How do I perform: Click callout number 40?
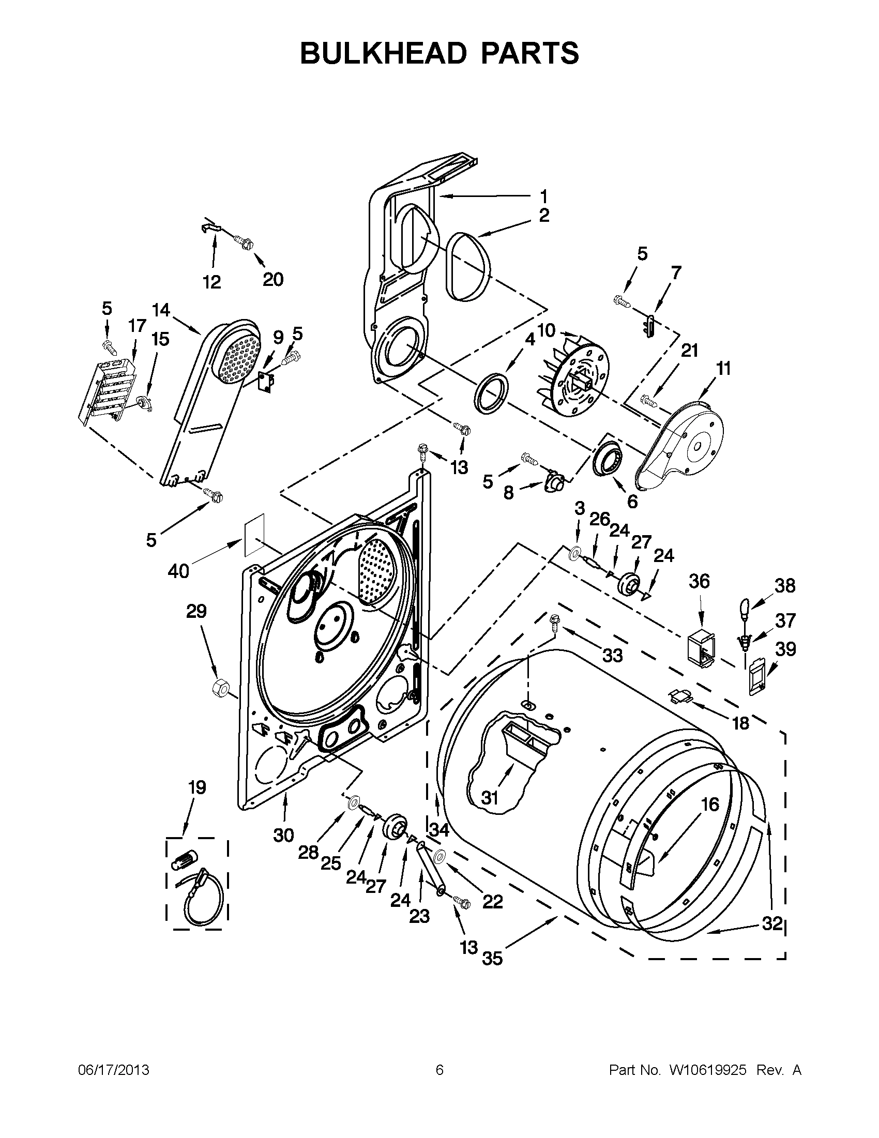pyautogui.click(x=178, y=571)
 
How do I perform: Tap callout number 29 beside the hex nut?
pyautogui.click(x=196, y=611)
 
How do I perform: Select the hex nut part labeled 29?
pyautogui.click(x=220, y=689)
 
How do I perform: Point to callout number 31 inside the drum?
pyautogui.click(x=490, y=798)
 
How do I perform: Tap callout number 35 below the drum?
pyautogui.click(x=492, y=958)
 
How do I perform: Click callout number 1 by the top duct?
pyautogui.click(x=543, y=196)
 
